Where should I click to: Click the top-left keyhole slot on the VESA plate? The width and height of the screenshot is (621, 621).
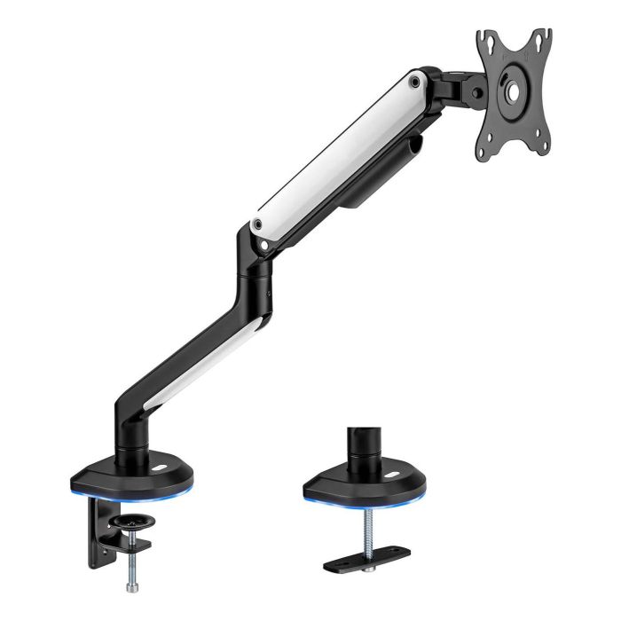click(x=486, y=40)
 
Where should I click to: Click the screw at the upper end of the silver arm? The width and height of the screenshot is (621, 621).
click(x=414, y=82)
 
